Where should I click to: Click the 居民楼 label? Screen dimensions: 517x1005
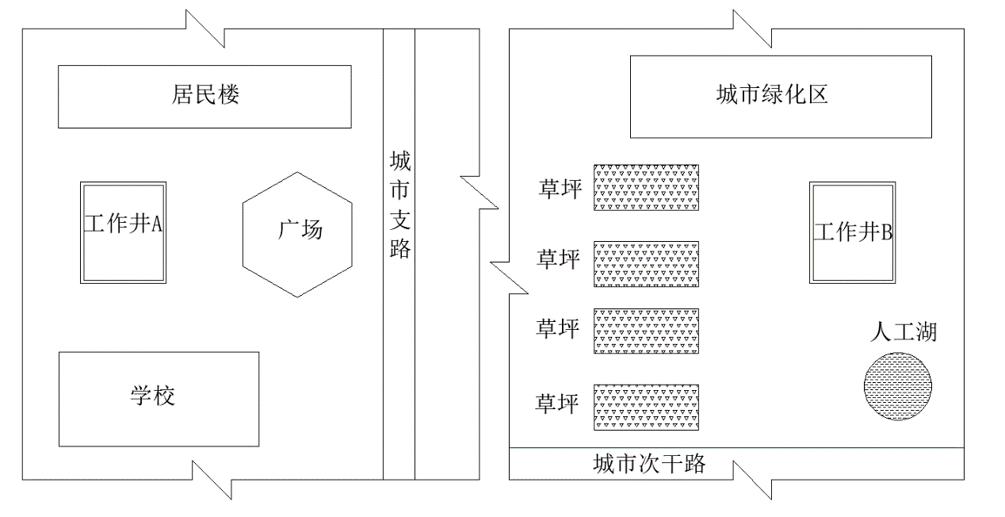[x=205, y=97]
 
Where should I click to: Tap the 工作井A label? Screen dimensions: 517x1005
[x=123, y=225]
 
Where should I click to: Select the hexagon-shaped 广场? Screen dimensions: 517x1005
[x=296, y=234]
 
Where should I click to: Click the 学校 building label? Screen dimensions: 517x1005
[x=153, y=396]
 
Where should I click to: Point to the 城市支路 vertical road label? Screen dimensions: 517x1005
[x=399, y=206]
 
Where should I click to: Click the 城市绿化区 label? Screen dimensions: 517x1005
[x=771, y=96]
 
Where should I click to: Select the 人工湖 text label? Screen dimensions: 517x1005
[x=903, y=331]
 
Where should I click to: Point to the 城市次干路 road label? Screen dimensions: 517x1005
[x=648, y=464]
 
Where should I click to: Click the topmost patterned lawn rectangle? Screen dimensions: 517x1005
[x=646, y=187]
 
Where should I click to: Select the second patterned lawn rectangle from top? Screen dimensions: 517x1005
[x=646, y=264]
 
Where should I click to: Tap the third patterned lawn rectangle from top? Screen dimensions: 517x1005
[x=646, y=331]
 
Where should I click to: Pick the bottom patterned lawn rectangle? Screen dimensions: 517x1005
[x=646, y=408]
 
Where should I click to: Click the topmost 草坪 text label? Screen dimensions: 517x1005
[x=560, y=190]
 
